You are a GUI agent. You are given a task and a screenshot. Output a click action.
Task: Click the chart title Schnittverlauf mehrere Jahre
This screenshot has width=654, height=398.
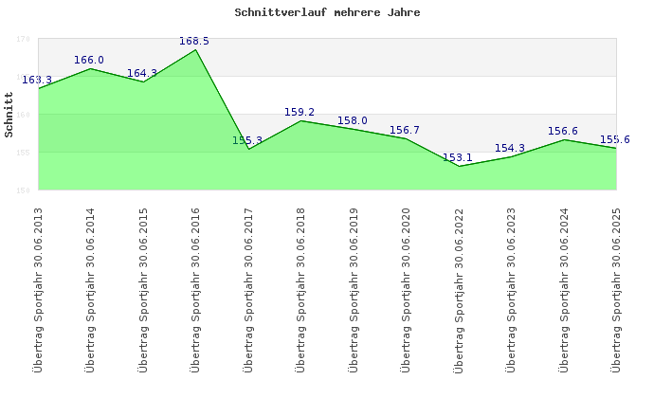coord(327,13)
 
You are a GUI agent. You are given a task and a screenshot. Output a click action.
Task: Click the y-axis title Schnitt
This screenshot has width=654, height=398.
coord(9,115)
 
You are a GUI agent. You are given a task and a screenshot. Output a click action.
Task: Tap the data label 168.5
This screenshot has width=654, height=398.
coord(194,42)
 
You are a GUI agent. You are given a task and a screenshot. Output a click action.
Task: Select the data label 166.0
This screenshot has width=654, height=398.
coord(89,61)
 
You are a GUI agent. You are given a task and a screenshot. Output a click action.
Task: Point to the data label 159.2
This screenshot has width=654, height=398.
coord(300,113)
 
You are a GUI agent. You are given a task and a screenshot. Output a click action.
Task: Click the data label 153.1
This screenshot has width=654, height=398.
coord(457,158)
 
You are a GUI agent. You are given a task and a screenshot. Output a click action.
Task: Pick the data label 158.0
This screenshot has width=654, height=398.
coord(353,121)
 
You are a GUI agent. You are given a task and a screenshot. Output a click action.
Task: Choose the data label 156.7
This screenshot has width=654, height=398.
coord(405,131)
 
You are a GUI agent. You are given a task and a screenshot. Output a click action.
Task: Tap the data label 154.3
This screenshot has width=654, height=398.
coord(510,149)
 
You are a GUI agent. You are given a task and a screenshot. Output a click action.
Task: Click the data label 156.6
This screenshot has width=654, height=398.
coord(563,132)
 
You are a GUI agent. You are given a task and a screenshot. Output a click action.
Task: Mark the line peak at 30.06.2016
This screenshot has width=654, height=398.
coord(196,49)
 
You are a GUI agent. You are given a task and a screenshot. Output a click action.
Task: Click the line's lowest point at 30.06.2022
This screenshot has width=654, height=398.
coord(459,166)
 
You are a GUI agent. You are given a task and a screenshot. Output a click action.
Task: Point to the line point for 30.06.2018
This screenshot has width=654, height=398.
coord(301,120)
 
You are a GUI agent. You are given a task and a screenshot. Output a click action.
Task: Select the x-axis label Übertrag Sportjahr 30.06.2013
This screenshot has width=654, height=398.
coord(38,289)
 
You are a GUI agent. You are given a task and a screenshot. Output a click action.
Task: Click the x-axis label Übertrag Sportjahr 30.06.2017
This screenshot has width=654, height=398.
coord(248,289)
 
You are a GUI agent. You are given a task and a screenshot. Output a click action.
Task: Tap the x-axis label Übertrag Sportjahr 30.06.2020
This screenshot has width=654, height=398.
coord(406,289)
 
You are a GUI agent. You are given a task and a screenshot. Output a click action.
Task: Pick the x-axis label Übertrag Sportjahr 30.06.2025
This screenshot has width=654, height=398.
coord(616,289)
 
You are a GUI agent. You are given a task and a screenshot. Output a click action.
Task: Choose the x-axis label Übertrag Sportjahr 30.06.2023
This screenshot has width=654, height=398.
coord(511,289)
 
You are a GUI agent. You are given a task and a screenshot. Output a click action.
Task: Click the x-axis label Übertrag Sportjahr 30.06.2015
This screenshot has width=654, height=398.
coord(143,289)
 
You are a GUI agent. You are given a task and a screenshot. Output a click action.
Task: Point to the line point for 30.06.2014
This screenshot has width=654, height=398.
coord(91,68)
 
